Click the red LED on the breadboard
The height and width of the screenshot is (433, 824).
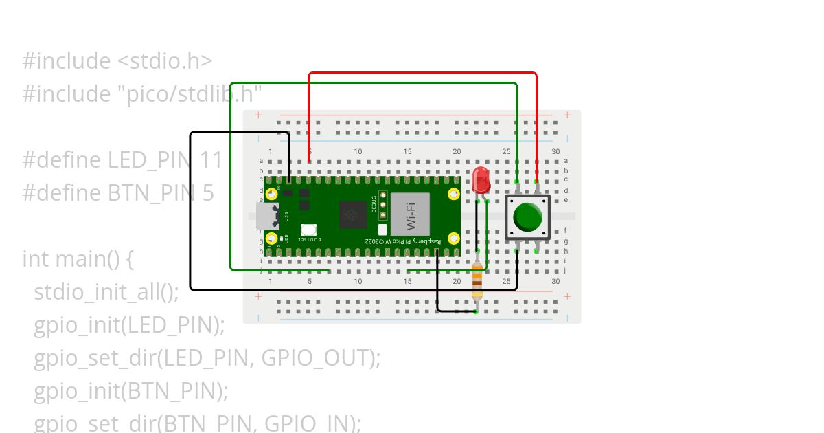pos(481,180)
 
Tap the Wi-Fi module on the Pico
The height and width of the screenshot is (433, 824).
pos(410,214)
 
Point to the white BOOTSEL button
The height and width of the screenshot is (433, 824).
pos(308,230)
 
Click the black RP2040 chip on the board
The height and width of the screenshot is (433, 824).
pos(353,215)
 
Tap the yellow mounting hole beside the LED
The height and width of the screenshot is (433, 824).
pos(453,194)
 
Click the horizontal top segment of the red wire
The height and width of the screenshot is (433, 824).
pos(422,73)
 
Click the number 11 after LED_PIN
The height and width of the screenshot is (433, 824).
pos(211,160)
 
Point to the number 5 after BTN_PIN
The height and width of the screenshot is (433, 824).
pos(208,193)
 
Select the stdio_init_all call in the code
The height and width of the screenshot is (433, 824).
pos(106,292)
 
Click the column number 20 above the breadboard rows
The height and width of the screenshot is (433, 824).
pos(457,151)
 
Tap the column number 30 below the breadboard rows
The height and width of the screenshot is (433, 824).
pos(556,282)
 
